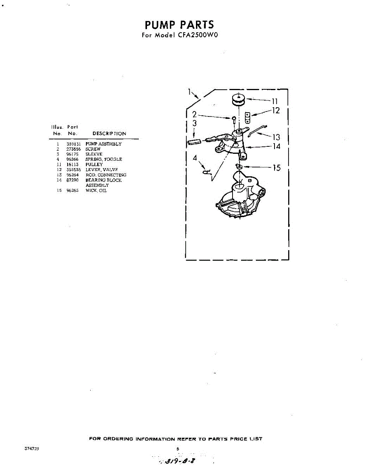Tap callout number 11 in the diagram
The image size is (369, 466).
[x=275, y=101]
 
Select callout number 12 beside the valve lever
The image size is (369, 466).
[x=276, y=111]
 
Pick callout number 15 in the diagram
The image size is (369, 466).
[x=276, y=168]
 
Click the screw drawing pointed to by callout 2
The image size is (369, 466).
[x=234, y=119]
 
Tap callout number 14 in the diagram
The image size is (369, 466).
[x=276, y=146]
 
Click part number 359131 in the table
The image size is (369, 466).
[x=73, y=144]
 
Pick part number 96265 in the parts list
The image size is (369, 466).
[x=73, y=191]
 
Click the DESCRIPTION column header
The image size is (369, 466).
[x=109, y=134]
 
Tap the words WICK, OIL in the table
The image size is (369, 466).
[x=96, y=191]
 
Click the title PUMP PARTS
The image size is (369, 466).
[x=179, y=25]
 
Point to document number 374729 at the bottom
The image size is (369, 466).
[x=31, y=448]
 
